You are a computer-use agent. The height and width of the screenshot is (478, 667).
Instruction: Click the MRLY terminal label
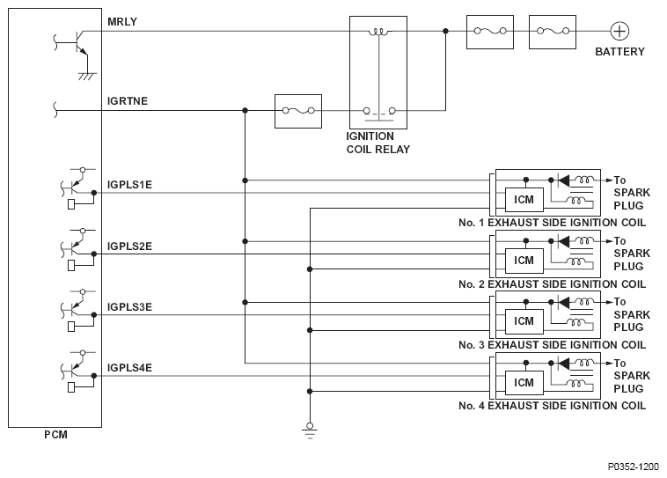pos(122,22)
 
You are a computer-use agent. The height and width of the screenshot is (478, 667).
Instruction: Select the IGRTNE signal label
pos(128,101)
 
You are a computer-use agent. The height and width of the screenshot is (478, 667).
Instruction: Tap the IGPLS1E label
pos(129,185)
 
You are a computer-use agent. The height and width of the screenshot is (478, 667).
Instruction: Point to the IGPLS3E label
pos(129,307)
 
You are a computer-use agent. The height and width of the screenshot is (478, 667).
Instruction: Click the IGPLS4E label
pos(129,368)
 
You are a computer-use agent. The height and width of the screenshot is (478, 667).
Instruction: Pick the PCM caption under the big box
pos(55,435)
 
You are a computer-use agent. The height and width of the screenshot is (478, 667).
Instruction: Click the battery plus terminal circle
pos(619,31)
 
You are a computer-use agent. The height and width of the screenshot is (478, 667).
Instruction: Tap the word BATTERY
pos(619,52)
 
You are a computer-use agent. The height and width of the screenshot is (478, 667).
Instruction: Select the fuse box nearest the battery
pos(553,32)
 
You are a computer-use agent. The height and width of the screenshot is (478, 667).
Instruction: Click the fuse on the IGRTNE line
pos(298,111)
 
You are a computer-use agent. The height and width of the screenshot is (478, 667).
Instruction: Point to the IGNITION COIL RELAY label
pos(377,143)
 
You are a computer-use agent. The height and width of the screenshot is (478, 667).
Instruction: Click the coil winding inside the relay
pos(378,32)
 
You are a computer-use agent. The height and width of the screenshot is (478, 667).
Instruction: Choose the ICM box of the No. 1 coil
pos(524,200)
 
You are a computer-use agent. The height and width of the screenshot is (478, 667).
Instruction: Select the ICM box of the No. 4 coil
pos(524,383)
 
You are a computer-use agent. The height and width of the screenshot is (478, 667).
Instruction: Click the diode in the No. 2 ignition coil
pos(564,241)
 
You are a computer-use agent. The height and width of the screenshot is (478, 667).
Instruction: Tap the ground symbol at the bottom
pos(310,430)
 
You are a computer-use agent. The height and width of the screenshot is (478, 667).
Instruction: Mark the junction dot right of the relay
pos(445,31)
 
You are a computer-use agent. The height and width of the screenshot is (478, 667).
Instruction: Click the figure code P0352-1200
pos(633,467)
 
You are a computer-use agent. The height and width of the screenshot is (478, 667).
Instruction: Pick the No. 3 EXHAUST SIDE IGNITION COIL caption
pos(552,345)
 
